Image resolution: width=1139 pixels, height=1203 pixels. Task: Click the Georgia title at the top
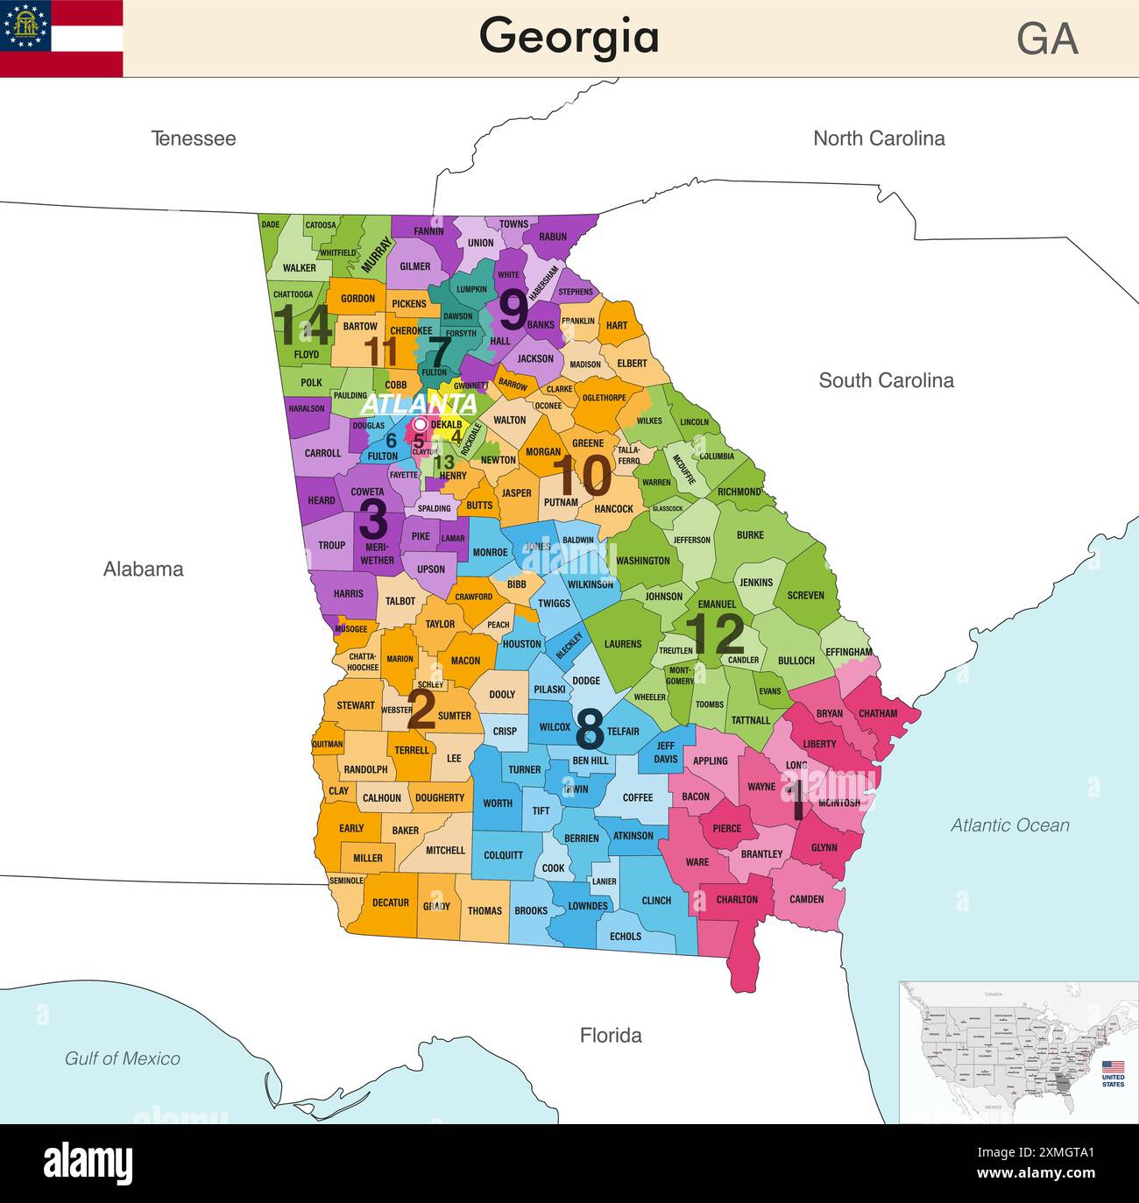click(569, 37)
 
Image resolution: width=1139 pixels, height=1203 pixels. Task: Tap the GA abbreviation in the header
click(1047, 39)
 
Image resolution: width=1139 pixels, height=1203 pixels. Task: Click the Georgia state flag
click(61, 39)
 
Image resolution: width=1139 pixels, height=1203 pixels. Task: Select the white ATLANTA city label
click(419, 404)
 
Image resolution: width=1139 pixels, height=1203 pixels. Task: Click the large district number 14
click(303, 326)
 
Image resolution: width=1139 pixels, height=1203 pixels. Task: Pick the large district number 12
click(714, 634)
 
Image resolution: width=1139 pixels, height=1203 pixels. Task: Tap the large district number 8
click(590, 728)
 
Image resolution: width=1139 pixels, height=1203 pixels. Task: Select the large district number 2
click(421, 709)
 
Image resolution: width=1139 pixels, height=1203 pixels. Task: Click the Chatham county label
click(877, 713)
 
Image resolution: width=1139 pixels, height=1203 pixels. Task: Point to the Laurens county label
click(622, 644)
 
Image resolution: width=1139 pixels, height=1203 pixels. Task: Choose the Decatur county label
click(391, 902)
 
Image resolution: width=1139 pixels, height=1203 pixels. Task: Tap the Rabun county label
click(553, 237)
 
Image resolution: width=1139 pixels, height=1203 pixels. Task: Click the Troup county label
click(331, 545)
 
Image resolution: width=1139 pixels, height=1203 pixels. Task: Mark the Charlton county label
click(737, 900)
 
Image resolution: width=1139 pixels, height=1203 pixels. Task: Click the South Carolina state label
click(886, 380)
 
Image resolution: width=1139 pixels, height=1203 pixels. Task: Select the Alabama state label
click(144, 570)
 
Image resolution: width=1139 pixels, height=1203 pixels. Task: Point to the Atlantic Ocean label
click(1009, 825)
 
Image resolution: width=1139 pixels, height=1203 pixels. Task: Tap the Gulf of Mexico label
click(123, 1058)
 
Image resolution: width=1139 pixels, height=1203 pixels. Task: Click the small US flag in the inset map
click(1113, 1067)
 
